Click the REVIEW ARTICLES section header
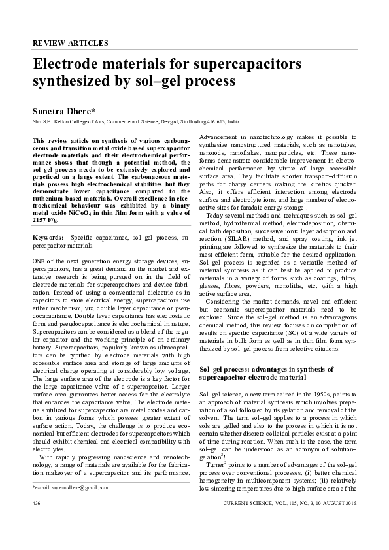pyautogui.click(x=71, y=43)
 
